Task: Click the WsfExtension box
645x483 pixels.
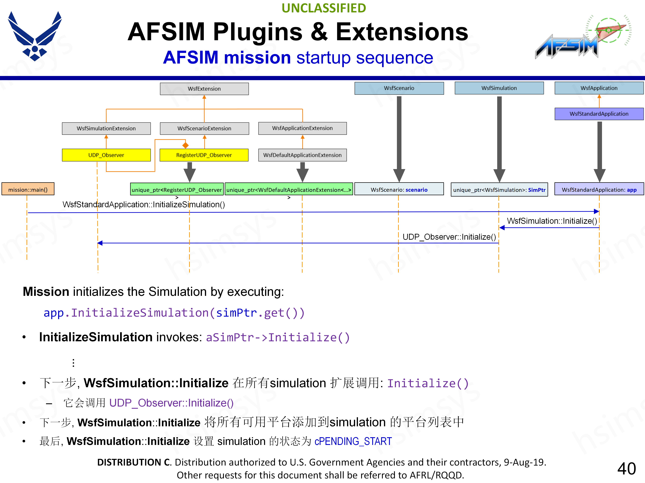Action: [x=204, y=89]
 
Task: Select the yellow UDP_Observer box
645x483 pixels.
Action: [x=106, y=155]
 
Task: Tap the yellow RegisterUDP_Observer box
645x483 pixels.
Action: [x=204, y=155]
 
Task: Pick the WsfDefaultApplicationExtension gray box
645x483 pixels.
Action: [x=302, y=155]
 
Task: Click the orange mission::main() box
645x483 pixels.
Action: [x=28, y=190]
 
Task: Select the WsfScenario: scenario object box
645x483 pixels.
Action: [x=399, y=190]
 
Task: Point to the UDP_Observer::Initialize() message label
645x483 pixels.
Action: [x=449, y=237]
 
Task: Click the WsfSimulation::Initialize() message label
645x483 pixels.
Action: [x=552, y=221]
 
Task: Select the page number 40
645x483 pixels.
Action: [x=626, y=468]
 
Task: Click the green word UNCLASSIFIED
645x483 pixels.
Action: [x=324, y=8]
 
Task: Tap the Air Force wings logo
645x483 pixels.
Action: [x=35, y=36]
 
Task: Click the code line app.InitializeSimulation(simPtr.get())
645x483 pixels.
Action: [x=174, y=313]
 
